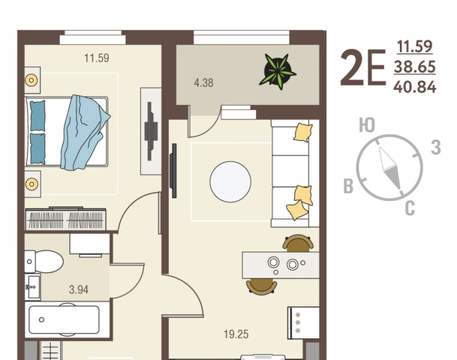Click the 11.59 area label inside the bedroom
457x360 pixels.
(x=97, y=58)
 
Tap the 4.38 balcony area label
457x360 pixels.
(x=203, y=83)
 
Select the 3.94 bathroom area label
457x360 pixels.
(x=79, y=289)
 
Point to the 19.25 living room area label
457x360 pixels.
(x=236, y=334)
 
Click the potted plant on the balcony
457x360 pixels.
(x=278, y=71)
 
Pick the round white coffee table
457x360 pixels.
(x=230, y=181)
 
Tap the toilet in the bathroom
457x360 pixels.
(x=44, y=262)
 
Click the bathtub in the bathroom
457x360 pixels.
(x=64, y=319)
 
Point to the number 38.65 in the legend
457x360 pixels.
(x=415, y=67)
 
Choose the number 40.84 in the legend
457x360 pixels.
(x=415, y=87)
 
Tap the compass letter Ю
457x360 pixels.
(x=367, y=125)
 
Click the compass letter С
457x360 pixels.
(x=410, y=208)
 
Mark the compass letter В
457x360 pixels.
(x=349, y=186)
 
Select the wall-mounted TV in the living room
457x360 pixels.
(x=173, y=171)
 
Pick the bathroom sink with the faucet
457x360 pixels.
(x=33, y=287)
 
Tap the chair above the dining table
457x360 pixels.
(x=298, y=243)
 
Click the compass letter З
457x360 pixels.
(x=436, y=147)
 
